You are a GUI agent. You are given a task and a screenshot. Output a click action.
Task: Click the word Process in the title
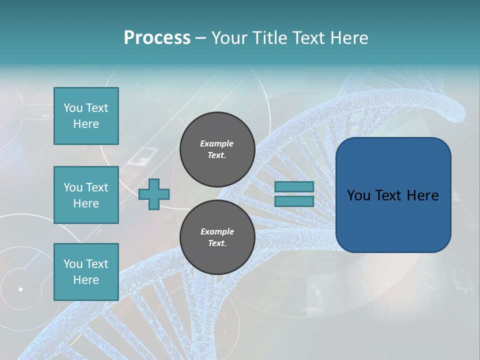(157, 37)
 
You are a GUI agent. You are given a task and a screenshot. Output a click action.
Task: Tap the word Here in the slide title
(348, 37)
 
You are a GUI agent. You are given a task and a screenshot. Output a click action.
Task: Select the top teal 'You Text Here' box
(86, 116)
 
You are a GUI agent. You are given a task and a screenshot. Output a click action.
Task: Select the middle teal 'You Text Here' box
(86, 195)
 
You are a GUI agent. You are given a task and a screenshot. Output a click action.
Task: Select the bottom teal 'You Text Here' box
(86, 272)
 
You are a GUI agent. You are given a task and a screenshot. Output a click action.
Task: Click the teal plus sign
(154, 193)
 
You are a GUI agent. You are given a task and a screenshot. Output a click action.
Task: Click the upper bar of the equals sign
(294, 186)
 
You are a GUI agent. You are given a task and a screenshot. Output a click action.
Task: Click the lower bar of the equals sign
(294, 201)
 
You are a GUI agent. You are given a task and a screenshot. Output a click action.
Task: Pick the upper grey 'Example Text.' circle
(217, 149)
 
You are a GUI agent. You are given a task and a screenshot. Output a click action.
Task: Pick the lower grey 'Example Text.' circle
(217, 237)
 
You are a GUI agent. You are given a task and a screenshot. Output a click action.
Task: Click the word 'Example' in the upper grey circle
(216, 143)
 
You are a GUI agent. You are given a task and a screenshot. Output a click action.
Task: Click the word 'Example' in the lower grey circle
(217, 231)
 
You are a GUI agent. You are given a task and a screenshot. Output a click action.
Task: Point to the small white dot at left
(21, 289)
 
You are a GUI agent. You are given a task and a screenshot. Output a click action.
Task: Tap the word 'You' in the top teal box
(73, 108)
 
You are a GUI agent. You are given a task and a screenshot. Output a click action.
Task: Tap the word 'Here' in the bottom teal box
(86, 280)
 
